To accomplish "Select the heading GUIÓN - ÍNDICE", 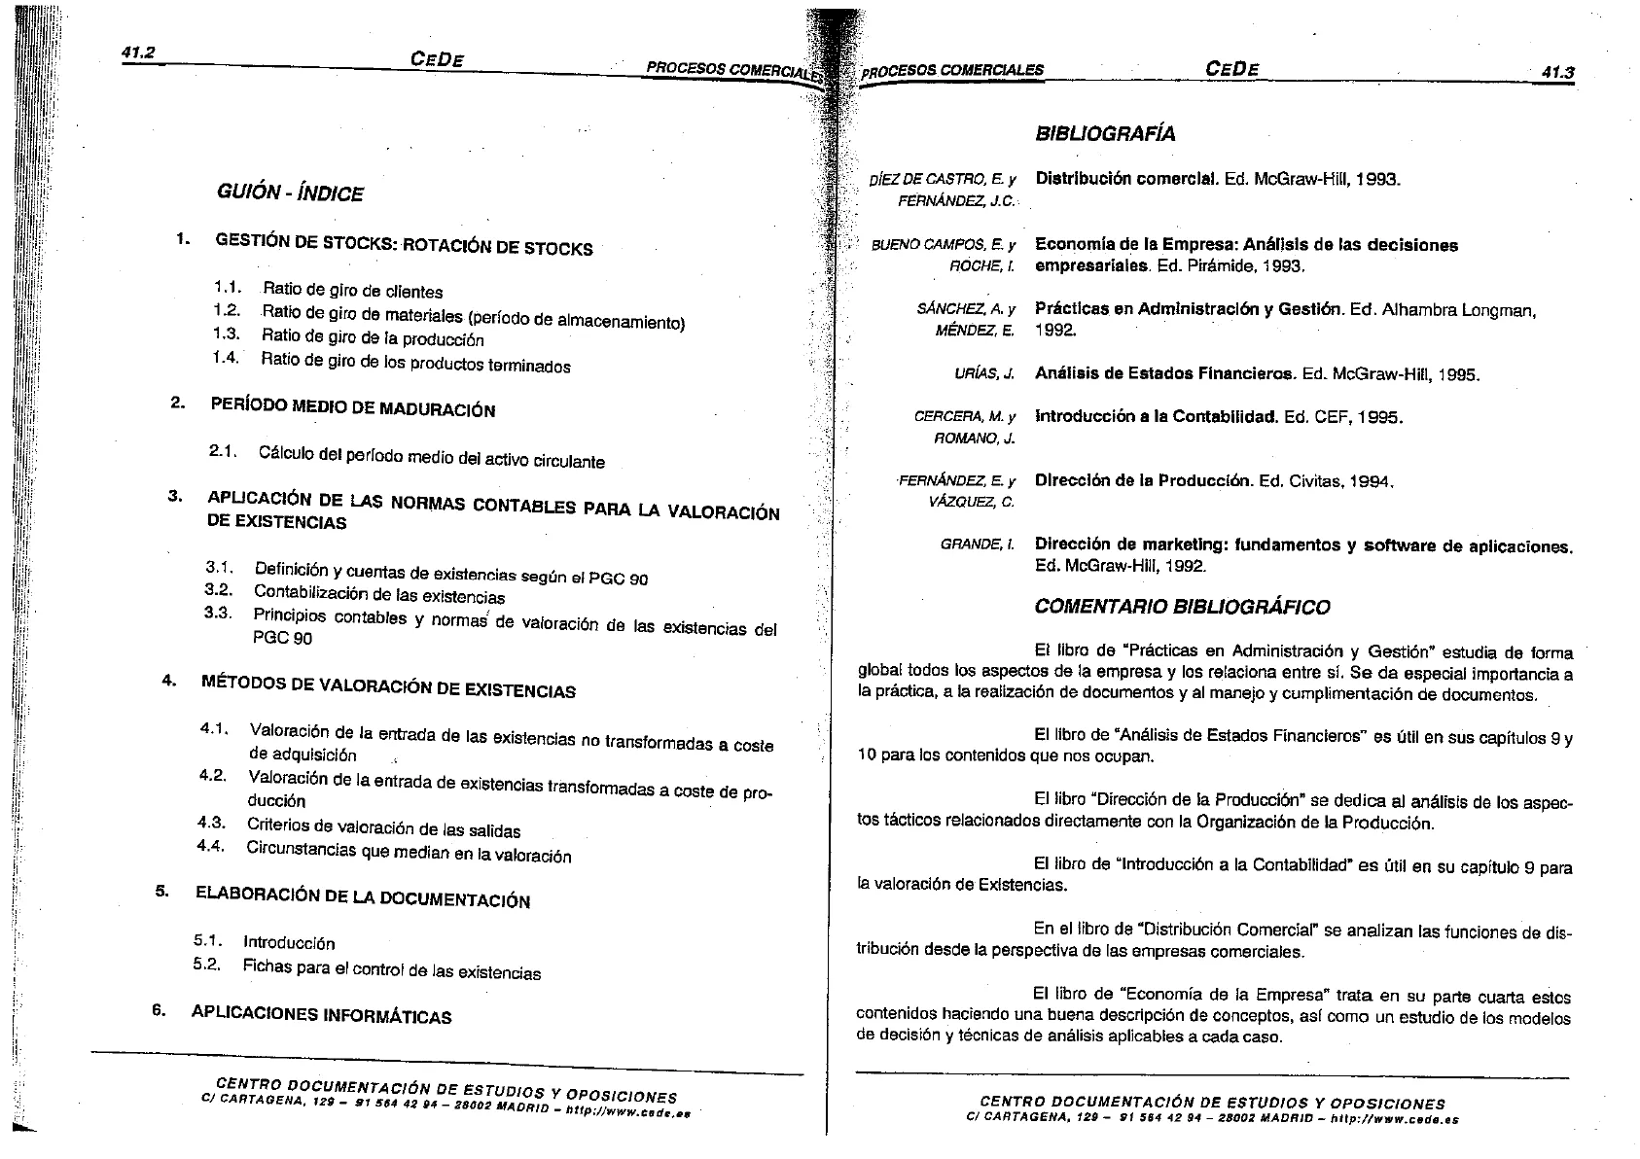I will tap(290, 193).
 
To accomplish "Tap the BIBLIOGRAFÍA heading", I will tap(1105, 134).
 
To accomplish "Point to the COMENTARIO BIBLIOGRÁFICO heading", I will tap(1181, 608).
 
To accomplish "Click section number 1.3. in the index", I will tap(226, 334).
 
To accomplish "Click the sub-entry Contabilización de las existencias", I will tap(379, 594).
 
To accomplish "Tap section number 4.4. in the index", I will tap(210, 846).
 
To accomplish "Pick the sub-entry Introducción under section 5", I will tap(289, 942).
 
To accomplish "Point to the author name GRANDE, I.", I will tap(978, 544).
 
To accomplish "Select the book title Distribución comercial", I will tap(1126, 179).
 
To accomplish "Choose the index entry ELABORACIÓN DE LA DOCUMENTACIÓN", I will tap(363, 896).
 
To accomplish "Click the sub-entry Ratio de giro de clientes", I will tap(352, 291).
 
